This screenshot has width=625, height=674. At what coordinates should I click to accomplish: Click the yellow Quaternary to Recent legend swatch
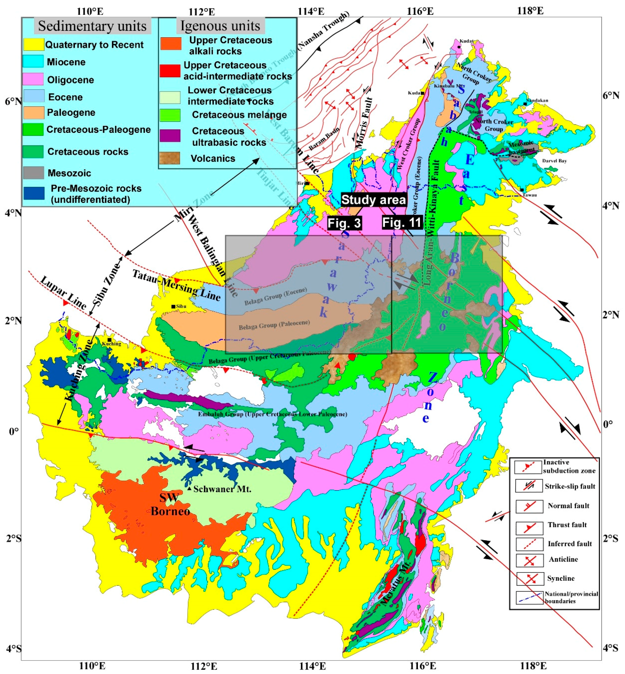tap(33, 44)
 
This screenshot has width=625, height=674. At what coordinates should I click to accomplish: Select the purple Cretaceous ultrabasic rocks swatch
tap(170, 136)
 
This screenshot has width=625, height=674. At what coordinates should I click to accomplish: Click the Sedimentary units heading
tap(92, 26)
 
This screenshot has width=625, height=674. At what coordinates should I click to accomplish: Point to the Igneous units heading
tap(220, 26)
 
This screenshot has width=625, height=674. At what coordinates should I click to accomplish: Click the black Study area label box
tap(373, 200)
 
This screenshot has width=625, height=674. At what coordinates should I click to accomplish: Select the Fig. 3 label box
tap(344, 223)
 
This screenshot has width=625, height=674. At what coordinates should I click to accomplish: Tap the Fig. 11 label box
tap(402, 222)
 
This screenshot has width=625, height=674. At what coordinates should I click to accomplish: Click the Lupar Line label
tap(63, 293)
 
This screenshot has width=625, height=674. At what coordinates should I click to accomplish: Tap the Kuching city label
tap(112, 344)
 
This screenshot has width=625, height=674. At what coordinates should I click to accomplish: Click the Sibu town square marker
tap(173, 306)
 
